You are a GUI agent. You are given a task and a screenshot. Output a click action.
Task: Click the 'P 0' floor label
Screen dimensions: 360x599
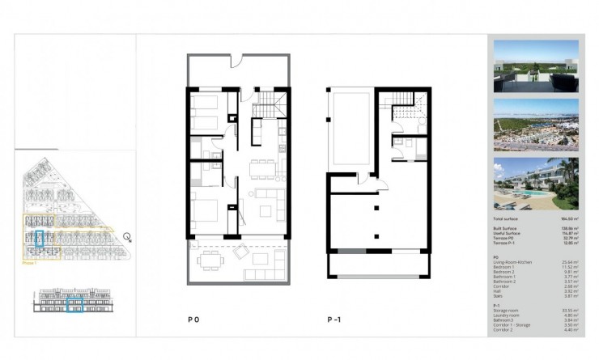[x=193, y=320]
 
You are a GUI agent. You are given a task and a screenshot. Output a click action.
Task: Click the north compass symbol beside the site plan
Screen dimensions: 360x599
[x=127, y=237]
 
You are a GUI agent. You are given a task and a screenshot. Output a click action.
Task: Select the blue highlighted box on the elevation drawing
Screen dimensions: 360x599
[x=74, y=305]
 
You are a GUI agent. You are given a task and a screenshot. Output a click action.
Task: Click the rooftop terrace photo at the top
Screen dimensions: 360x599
[x=535, y=66]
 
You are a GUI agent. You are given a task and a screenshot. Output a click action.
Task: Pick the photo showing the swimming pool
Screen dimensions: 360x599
[x=535, y=184]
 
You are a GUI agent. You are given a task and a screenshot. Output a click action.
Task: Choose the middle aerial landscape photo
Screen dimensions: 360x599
[x=535, y=125]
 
